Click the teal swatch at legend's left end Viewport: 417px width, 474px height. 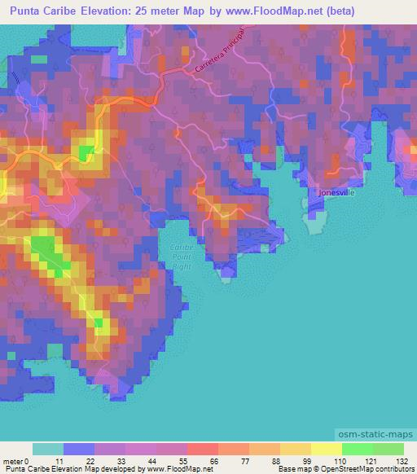(x=47, y=449)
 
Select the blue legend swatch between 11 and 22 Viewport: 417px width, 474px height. (x=78, y=449)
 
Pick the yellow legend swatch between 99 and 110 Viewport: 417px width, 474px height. (x=326, y=449)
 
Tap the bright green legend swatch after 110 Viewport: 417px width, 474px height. (x=357, y=449)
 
